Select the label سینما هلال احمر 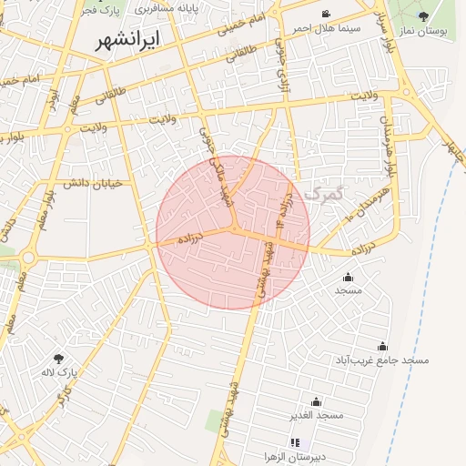326,28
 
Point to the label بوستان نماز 424,31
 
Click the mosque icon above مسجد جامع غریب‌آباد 382,346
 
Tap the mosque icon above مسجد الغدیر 316,401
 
